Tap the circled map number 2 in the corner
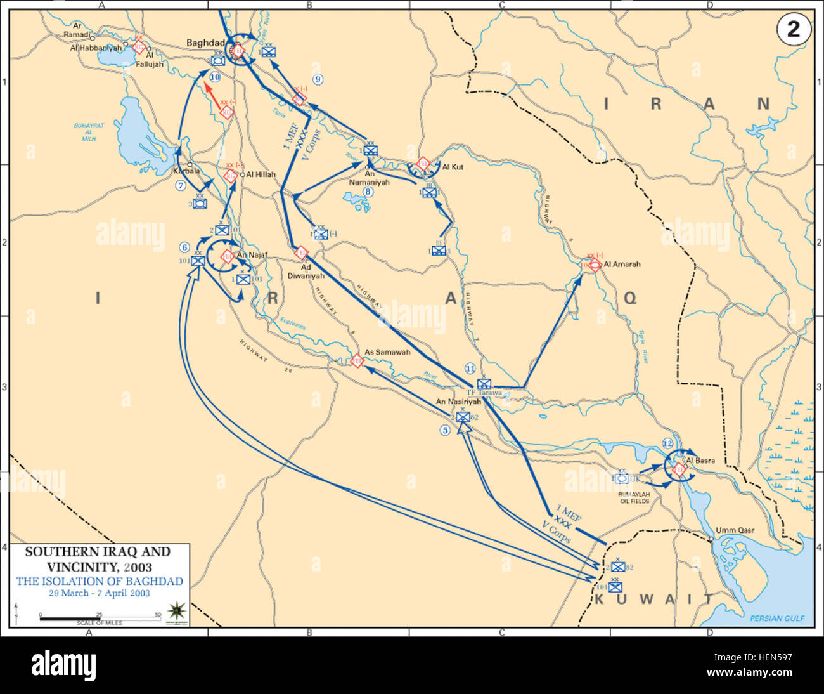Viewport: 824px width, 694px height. coord(792,30)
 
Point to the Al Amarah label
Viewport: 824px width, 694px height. coord(622,264)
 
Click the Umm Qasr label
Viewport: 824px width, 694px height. coord(735,530)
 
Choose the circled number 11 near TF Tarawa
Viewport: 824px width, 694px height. coord(470,368)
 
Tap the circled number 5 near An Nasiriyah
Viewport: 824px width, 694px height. coord(445,429)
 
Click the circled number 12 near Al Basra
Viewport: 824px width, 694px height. coord(667,443)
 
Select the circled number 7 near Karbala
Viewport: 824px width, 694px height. coord(181,186)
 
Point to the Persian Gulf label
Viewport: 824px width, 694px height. coord(776,618)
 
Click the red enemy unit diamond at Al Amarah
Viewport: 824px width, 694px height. coord(594,265)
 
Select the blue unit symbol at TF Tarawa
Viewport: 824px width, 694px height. coord(484,383)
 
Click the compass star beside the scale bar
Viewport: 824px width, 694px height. coord(175,610)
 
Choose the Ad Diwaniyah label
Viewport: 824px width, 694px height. coord(304,272)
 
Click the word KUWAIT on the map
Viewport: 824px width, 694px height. coord(653,598)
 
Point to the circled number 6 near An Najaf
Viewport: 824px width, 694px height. coord(184,247)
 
